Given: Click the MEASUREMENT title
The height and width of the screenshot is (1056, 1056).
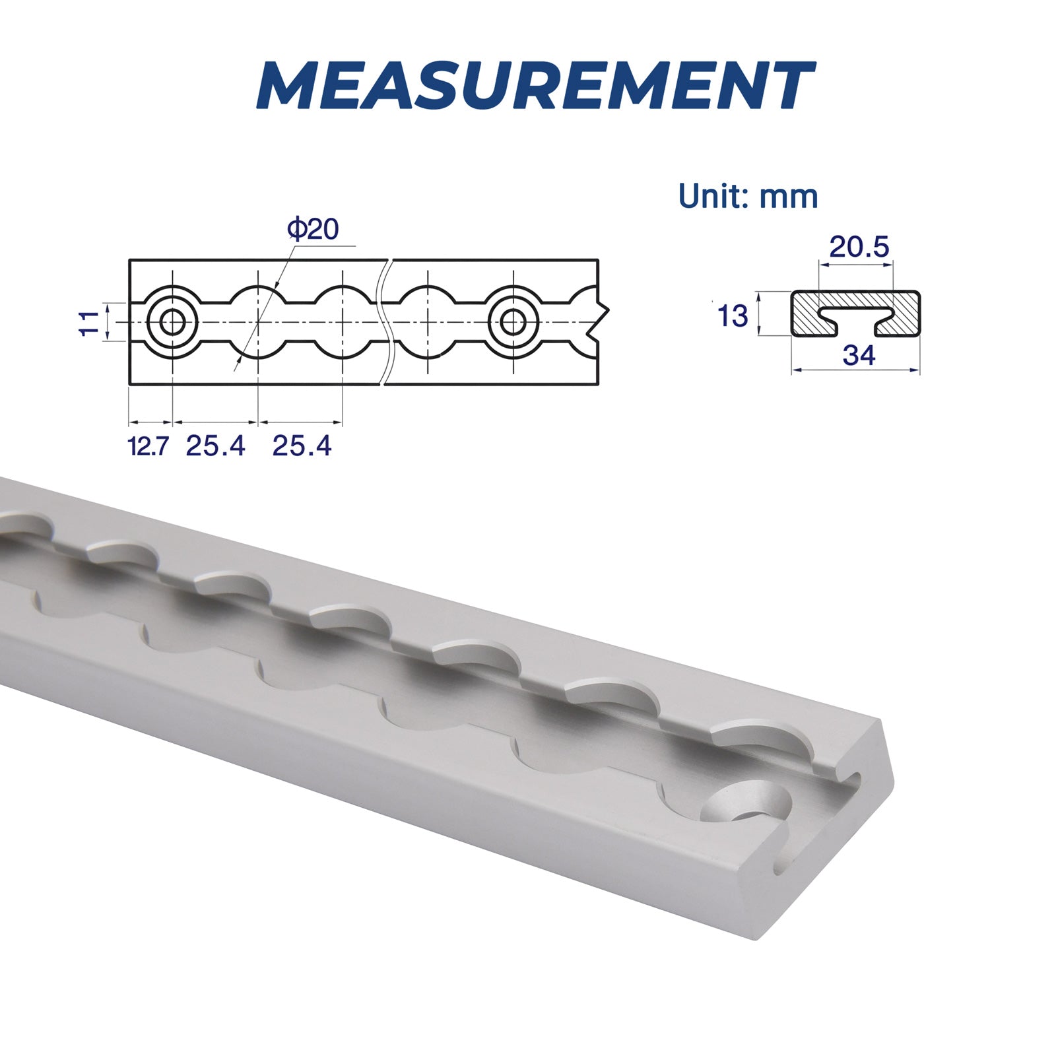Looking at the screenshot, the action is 535,86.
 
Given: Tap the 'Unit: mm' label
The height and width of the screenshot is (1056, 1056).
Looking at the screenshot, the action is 748,196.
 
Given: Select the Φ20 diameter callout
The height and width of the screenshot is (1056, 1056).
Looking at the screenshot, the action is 313,229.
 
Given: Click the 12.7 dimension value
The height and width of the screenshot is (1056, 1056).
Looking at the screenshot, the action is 148,447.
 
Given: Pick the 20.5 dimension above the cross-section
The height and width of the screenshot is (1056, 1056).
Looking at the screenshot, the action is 859,247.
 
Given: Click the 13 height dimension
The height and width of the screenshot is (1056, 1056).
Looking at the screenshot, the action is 733,316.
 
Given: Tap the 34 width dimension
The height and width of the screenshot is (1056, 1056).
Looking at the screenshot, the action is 859,356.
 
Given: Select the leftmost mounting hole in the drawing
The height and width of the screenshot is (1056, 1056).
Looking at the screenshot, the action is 173,322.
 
